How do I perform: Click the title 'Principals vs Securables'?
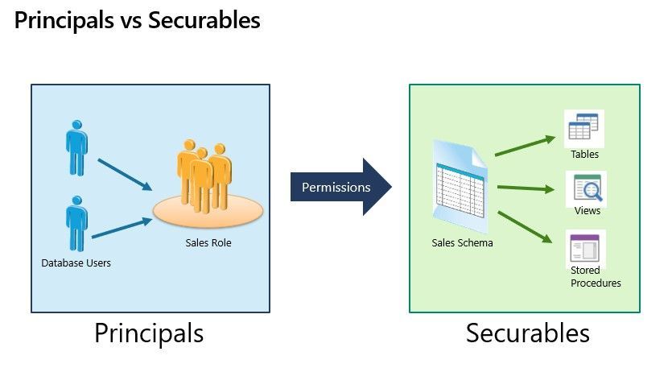click(137, 20)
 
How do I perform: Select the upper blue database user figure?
click(77, 147)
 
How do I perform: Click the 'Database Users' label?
click(76, 263)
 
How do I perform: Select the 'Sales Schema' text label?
click(462, 243)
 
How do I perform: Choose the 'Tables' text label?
click(585, 154)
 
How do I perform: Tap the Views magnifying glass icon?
click(586, 190)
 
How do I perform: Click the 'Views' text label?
click(587, 211)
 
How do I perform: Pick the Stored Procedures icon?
click(586, 247)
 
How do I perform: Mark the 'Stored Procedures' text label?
click(596, 276)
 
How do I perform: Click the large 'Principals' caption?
click(149, 333)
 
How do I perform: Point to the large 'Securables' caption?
click(527, 333)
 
